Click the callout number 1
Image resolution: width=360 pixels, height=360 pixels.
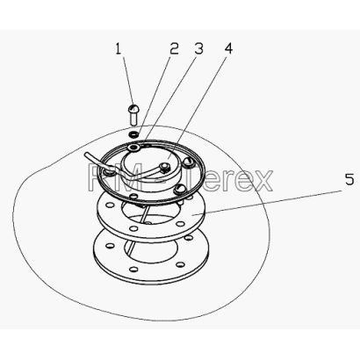(118, 49)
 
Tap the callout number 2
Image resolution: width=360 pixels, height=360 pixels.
(174, 49)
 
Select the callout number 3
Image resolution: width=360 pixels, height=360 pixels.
(198, 49)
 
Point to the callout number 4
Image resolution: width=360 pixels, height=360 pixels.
(228, 48)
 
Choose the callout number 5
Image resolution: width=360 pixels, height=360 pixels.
(349, 179)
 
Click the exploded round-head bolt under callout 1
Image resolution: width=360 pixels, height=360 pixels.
(133, 114)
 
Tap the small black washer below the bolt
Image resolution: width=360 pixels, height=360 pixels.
(133, 134)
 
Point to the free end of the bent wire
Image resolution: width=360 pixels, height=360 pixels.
(85, 154)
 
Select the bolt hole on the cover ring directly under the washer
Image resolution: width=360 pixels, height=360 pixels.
(135, 147)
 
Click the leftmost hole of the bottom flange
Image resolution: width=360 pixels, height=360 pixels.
(110, 246)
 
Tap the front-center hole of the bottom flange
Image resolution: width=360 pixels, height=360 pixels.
(133, 269)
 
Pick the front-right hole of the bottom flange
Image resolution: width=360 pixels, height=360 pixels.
(181, 264)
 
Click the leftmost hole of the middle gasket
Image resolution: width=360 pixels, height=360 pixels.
(110, 205)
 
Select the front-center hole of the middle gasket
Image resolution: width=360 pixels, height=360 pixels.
(133, 228)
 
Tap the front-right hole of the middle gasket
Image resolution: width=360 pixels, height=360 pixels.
(181, 225)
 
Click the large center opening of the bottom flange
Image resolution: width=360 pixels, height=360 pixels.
(151, 252)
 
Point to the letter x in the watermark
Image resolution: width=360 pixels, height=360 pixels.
(262, 181)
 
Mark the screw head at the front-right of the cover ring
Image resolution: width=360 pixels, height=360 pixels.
(179, 190)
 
